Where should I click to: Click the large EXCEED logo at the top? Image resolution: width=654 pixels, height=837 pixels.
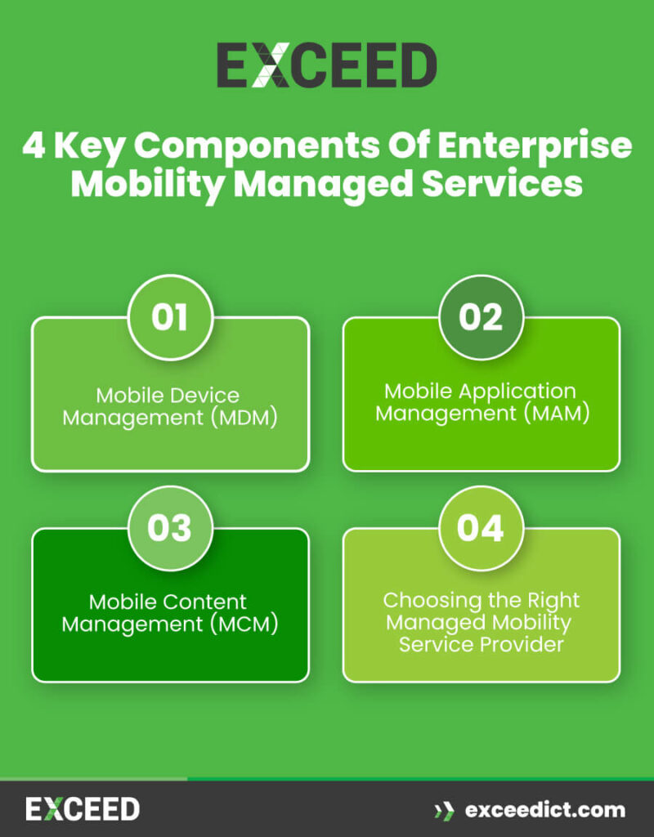[x=326, y=66]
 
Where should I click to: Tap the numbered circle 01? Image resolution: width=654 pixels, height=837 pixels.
[x=170, y=318]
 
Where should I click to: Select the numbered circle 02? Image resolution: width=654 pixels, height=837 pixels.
[x=481, y=318]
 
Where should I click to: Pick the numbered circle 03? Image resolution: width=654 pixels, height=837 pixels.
[x=170, y=528]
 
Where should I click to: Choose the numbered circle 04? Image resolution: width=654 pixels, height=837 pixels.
[x=481, y=528]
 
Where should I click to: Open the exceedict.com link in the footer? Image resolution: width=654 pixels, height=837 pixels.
[x=544, y=810]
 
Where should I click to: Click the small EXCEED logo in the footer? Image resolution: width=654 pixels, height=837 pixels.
[x=83, y=810]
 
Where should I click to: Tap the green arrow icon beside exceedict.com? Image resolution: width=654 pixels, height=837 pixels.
[x=445, y=811]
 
